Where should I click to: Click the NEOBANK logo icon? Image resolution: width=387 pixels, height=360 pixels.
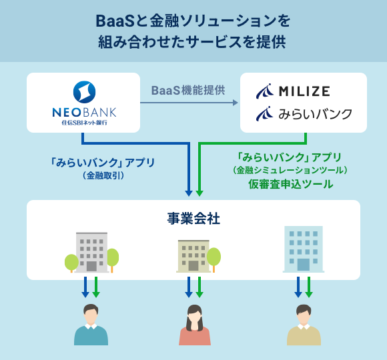[x=83, y=91]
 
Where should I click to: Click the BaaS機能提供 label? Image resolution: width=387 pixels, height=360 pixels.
[x=188, y=89]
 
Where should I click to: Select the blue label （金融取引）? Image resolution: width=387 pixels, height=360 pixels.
[x=103, y=176]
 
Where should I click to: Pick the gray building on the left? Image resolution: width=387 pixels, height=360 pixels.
[x=91, y=252]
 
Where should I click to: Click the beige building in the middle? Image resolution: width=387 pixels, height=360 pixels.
[x=193, y=255]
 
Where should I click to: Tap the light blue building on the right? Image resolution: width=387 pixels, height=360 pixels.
[x=303, y=248]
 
